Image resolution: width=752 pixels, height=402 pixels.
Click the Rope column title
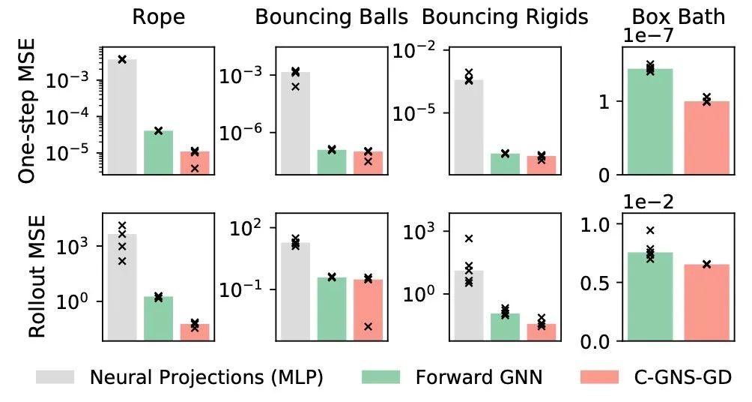[x=157, y=17]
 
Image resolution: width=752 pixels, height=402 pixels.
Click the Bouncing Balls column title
[x=332, y=17]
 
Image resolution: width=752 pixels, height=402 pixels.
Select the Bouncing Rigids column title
[x=506, y=17]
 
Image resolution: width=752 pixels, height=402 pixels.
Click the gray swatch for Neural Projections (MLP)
[x=55, y=377]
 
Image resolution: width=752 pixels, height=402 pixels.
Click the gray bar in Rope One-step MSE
[x=122, y=116]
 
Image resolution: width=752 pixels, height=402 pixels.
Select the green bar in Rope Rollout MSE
[x=158, y=319]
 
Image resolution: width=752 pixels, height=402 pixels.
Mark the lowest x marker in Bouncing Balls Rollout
[x=368, y=326]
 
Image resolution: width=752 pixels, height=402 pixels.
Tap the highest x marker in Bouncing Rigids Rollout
[x=469, y=238]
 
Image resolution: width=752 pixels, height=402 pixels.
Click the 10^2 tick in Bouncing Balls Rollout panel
[x=237, y=229]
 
